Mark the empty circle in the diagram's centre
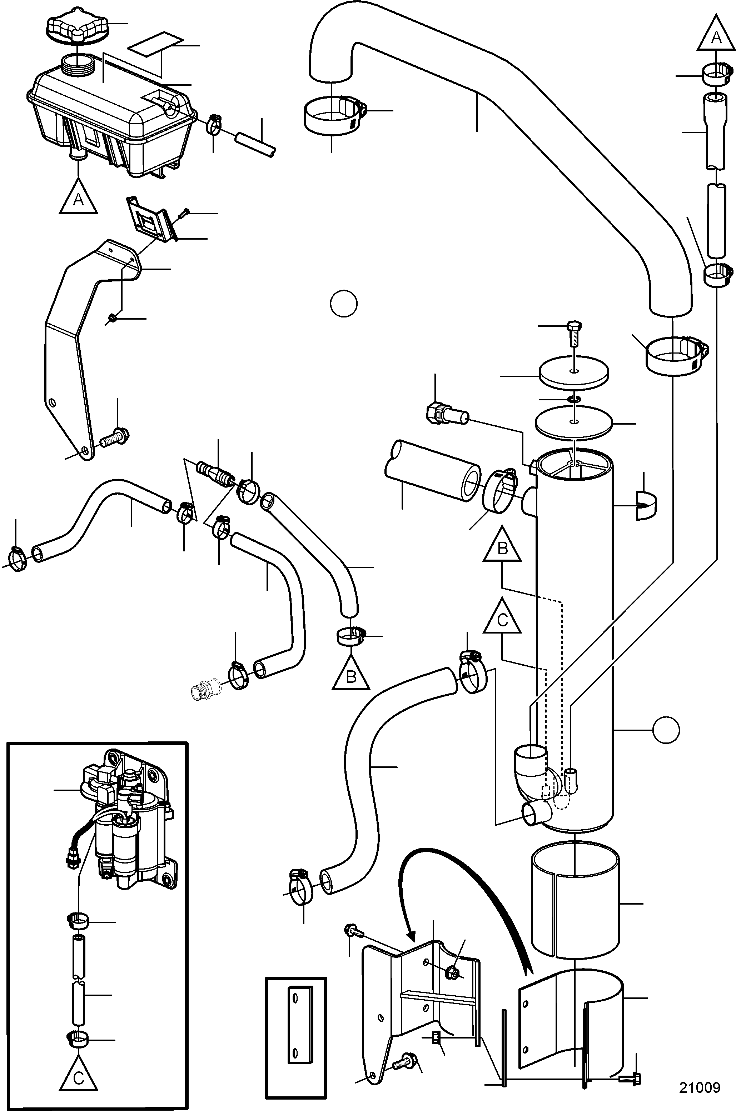(x=344, y=304)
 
